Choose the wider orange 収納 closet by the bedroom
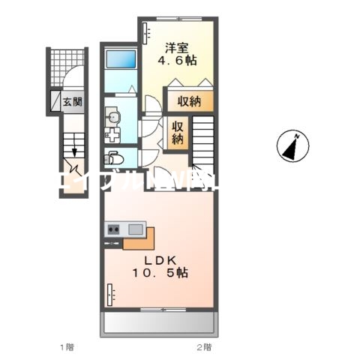(190, 101)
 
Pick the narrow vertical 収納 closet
(177, 132)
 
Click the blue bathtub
(120, 60)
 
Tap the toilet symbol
(114, 157)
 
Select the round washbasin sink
(113, 116)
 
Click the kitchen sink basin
(136, 229)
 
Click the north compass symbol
(292, 145)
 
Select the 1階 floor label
(67, 346)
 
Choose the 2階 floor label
(203, 346)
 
